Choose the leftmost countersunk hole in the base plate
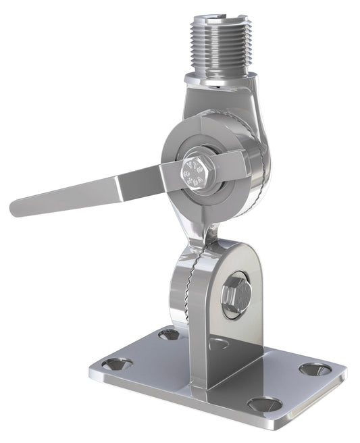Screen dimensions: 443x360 (x=118, y=365)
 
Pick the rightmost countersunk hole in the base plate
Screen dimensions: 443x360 (x=315, y=369)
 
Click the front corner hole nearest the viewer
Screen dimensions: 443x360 (x=265, y=405)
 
